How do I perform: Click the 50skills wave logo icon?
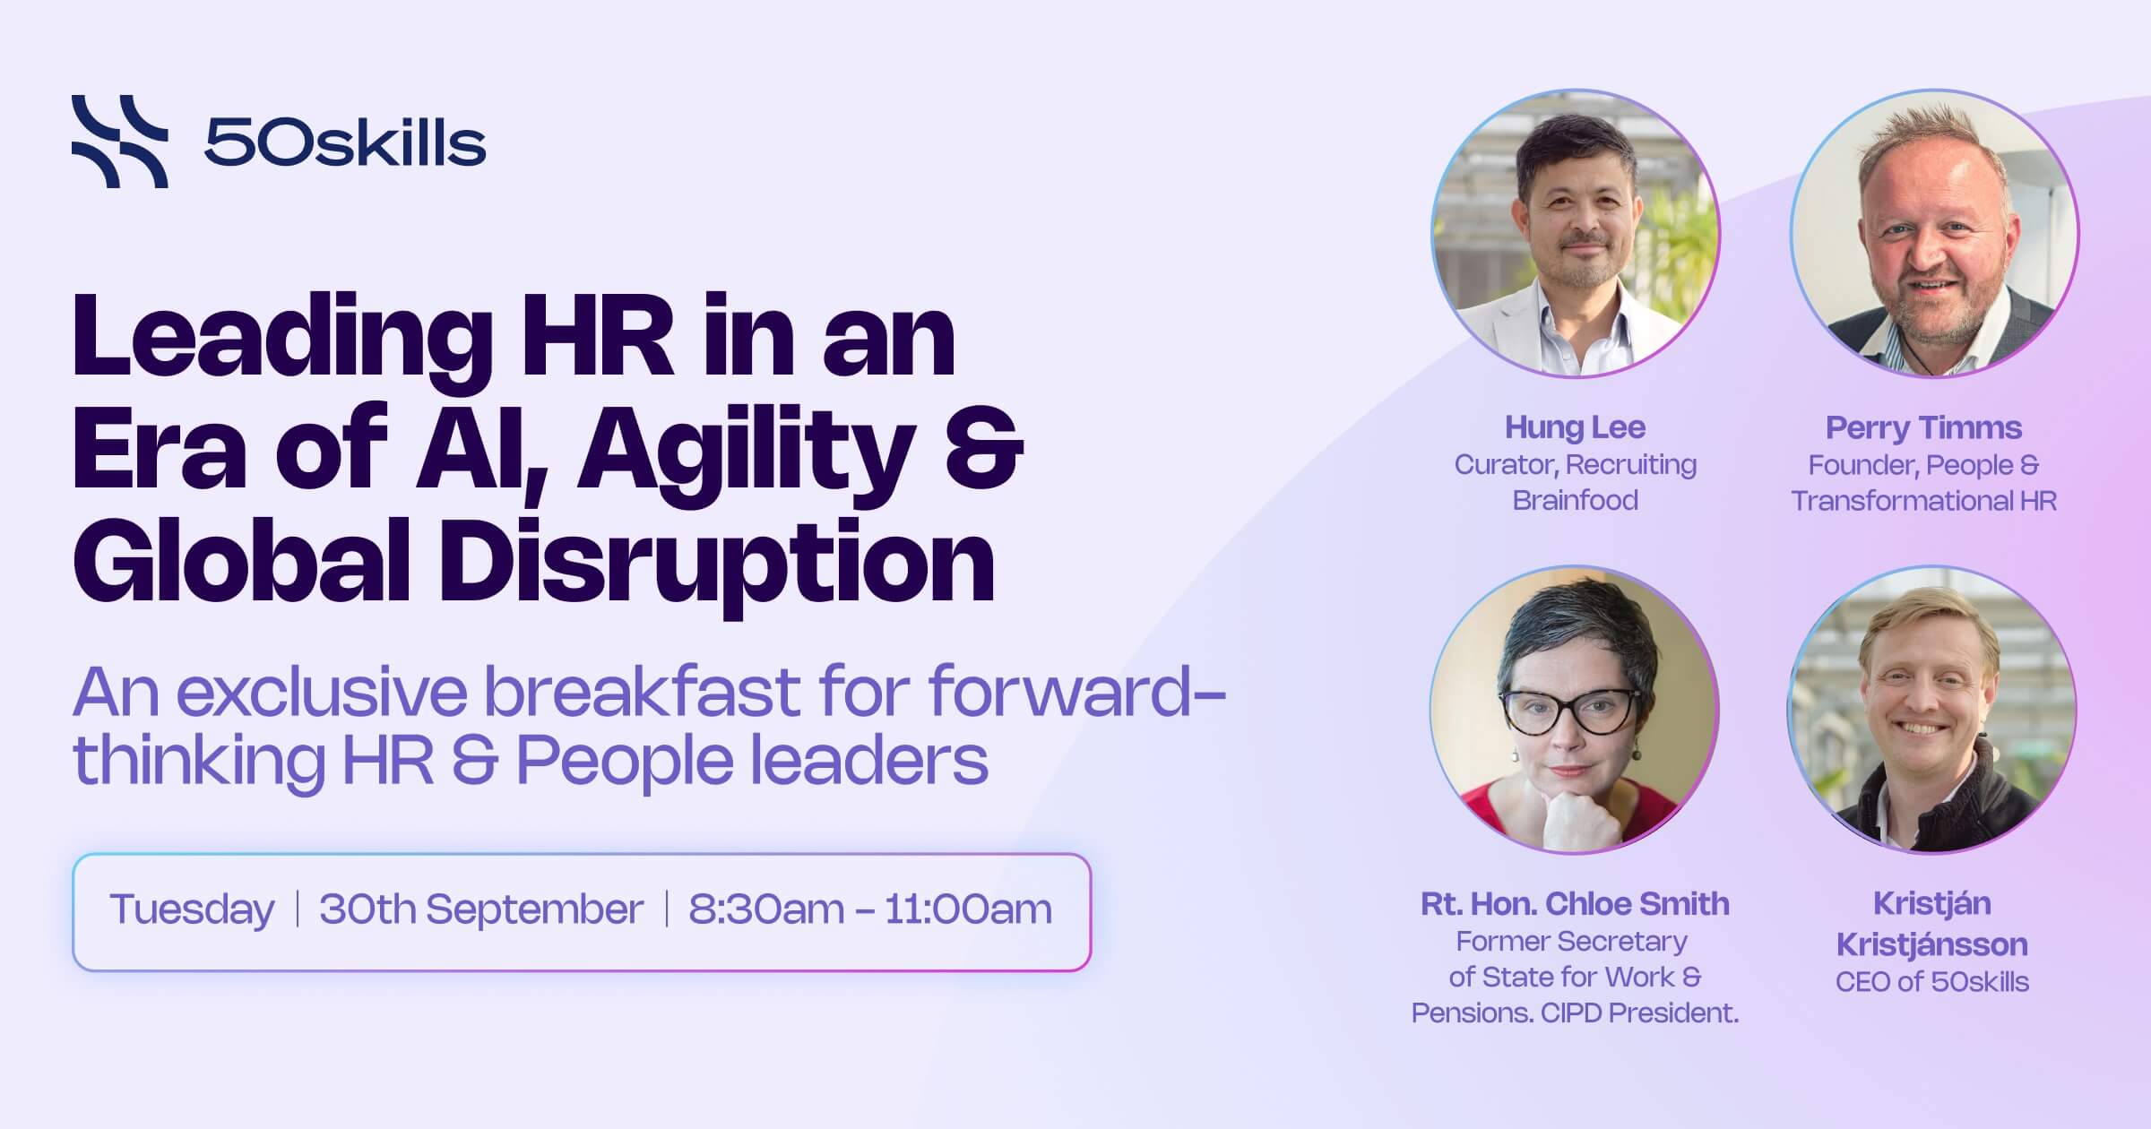coord(119,142)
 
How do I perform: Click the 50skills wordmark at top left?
coord(345,143)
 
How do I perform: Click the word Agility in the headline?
coord(745,452)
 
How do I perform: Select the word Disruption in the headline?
coord(716,564)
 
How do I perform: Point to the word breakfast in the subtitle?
coord(643,692)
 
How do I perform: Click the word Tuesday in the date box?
coord(192,910)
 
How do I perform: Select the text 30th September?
coord(481,909)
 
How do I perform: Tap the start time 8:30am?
coord(765,909)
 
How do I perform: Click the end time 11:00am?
coord(968,909)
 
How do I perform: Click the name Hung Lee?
coord(1575,427)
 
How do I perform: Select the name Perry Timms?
coord(1923,427)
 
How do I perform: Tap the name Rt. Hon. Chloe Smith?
coord(1575,903)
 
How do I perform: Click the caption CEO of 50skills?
coord(1932,981)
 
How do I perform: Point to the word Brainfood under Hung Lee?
coord(1575,499)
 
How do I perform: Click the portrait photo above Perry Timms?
coord(1934,233)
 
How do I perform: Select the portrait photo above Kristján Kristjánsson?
coord(1932,709)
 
